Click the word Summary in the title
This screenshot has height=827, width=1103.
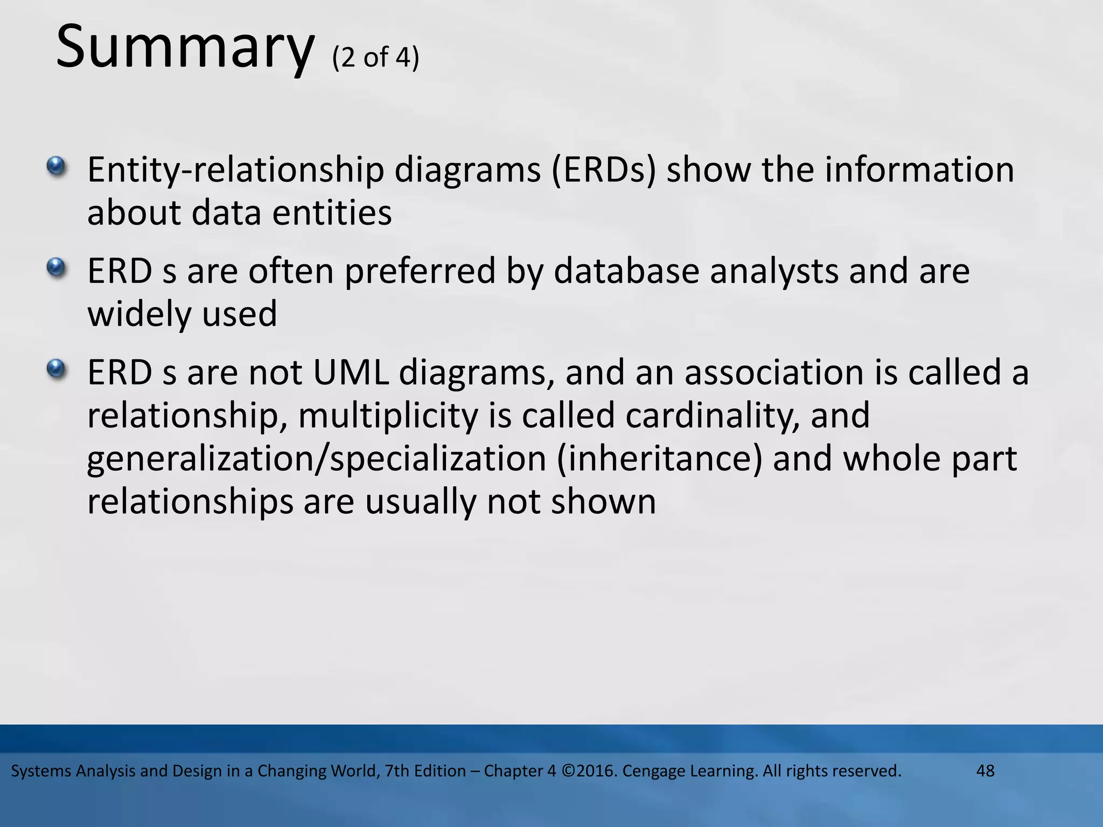(x=184, y=47)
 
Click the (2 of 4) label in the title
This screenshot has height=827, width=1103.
(x=375, y=57)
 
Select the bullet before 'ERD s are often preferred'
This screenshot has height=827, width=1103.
(x=55, y=267)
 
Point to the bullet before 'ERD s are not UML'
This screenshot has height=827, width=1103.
(x=55, y=369)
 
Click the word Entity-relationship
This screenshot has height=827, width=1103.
(x=235, y=170)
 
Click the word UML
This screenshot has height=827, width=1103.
(x=351, y=373)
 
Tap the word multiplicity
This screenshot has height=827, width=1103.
(x=388, y=416)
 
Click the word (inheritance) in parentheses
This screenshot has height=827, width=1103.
(x=659, y=459)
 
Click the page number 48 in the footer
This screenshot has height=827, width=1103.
(x=985, y=771)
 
